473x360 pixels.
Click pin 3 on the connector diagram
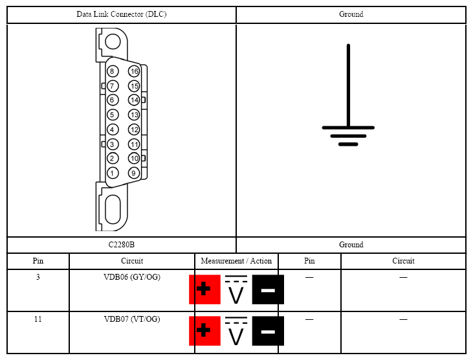tap(112, 144)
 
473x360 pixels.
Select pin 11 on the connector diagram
tap(134, 144)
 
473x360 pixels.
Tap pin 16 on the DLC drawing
tap(134, 71)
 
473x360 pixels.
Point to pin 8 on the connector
tap(112, 71)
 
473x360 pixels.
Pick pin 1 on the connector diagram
tap(112, 173)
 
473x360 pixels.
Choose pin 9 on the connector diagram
tap(134, 173)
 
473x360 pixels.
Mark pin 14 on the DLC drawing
tap(134, 100)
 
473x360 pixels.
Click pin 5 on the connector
tap(112, 115)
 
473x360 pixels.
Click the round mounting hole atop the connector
tap(113, 42)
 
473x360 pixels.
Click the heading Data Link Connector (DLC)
tap(122, 14)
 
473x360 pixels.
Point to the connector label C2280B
tap(122, 245)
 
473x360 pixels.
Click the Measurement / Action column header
tap(236, 261)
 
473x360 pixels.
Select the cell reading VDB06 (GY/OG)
tap(132, 277)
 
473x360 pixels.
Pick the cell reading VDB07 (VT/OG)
tap(132, 319)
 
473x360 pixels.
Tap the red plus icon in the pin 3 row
tap(204, 289)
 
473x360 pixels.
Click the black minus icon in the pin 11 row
tap(268, 331)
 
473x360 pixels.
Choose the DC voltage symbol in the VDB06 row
tap(236, 289)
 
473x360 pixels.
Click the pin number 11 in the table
tap(38, 319)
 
